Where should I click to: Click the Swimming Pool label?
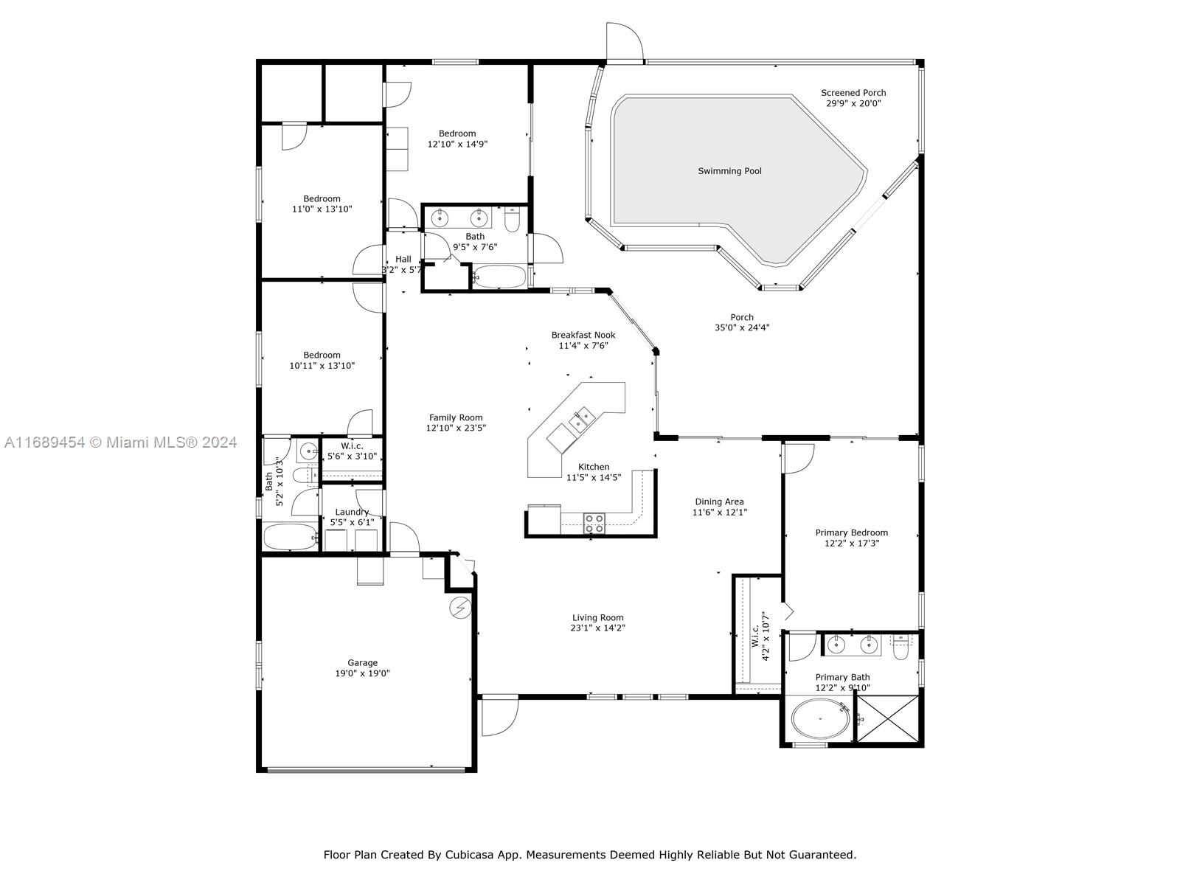click(x=729, y=171)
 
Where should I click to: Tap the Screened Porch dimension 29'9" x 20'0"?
click(x=853, y=103)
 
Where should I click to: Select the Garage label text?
click(x=362, y=662)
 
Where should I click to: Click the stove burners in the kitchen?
click(x=594, y=524)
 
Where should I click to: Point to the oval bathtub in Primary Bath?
click(x=820, y=718)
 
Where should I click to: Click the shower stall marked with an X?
click(x=887, y=719)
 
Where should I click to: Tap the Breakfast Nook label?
click(x=583, y=335)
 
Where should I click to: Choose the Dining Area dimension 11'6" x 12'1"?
click(x=719, y=512)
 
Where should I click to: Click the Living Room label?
click(x=598, y=617)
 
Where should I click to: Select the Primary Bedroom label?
click(x=852, y=532)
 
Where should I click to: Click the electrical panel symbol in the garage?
click(x=461, y=607)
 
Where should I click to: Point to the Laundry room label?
click(x=352, y=512)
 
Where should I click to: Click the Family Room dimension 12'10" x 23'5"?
click(x=456, y=428)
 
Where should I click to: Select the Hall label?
click(x=403, y=259)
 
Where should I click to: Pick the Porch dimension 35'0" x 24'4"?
click(x=742, y=327)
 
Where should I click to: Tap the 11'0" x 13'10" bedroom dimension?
click(x=322, y=209)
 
